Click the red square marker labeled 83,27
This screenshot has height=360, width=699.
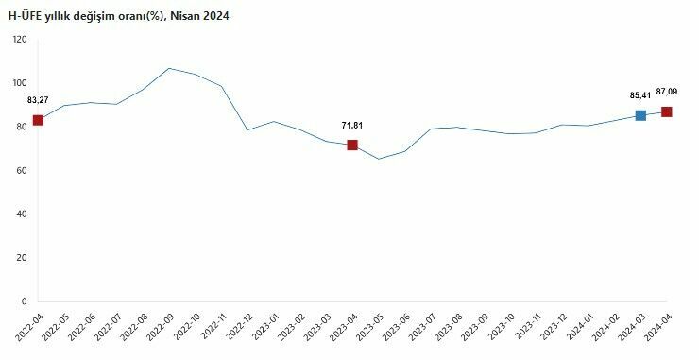coord(38,120)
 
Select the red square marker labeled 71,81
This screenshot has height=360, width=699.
coord(352,145)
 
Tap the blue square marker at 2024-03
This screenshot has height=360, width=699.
coord(640,115)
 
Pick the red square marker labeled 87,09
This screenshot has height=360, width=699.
coord(667,111)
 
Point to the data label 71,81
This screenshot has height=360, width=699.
coord(352,125)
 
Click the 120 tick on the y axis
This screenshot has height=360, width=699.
coord(20,39)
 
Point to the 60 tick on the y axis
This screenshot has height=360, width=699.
coord(22,170)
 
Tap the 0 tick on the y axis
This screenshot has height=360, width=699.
coord(25,301)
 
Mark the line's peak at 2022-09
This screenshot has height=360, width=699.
coord(169,68)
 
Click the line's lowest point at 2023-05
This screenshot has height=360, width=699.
coord(379,159)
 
